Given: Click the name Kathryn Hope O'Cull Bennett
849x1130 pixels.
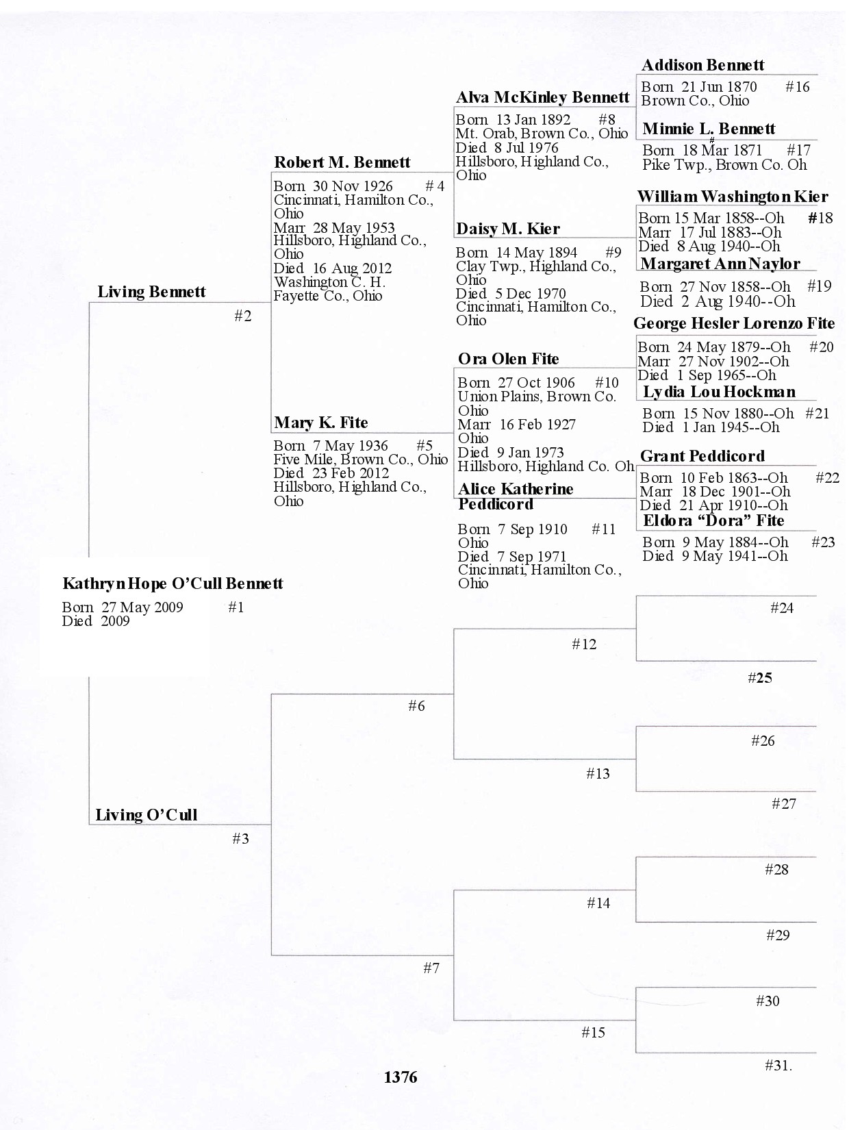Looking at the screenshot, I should tap(173, 583).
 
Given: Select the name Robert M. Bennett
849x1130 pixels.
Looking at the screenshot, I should tap(342, 162).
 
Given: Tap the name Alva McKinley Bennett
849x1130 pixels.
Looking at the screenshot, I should tap(542, 97).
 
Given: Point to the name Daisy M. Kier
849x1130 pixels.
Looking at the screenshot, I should tap(507, 229).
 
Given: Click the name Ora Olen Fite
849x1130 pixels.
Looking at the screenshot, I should tap(508, 359).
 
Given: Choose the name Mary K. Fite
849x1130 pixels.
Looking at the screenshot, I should tap(320, 423).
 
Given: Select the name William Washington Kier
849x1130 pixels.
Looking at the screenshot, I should tap(732, 197).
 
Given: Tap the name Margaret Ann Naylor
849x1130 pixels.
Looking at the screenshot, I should tap(720, 264).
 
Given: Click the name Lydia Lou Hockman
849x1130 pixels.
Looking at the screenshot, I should tap(719, 392).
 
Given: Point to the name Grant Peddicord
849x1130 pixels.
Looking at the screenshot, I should tap(702, 456).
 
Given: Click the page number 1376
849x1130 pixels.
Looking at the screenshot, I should tap(401, 1077).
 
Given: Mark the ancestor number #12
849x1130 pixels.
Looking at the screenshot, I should tap(584, 644).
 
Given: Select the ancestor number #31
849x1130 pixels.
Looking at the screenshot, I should tap(777, 1065).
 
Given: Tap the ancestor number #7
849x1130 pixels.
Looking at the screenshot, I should tap(431, 968).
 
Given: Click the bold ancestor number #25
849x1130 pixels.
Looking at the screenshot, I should tap(760, 678).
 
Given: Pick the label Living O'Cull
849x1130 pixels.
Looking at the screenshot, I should tap(146, 815).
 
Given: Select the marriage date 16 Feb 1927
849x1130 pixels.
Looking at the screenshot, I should tap(537, 425).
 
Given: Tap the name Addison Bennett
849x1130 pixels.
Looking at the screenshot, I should tap(702, 66).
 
